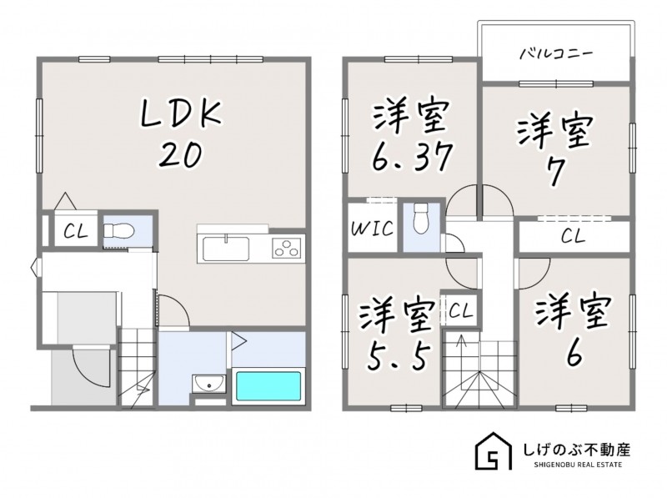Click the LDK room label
coord(182,113)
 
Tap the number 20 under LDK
coord(180,154)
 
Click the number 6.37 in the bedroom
coord(411,156)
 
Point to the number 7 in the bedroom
coord(555,171)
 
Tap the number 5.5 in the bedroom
coord(397,357)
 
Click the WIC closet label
coord(372,229)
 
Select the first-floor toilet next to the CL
coord(119,232)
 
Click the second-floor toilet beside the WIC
coord(421,219)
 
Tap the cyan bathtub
coord(268,385)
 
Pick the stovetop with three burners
coord(286,248)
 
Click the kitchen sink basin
coord(226,249)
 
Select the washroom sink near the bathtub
coord(209,384)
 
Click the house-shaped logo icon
coord(494,451)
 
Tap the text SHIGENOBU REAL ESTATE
coord(578,465)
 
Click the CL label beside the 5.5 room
coord(461,312)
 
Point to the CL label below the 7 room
coord(573,236)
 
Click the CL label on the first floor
coord(76,232)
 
